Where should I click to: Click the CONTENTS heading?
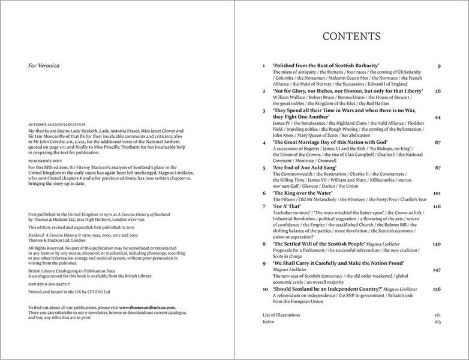[x=351, y=37]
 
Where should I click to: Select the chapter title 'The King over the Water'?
[x=304, y=194]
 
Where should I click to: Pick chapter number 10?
[x=265, y=289]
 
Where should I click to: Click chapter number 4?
[x=264, y=142]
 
